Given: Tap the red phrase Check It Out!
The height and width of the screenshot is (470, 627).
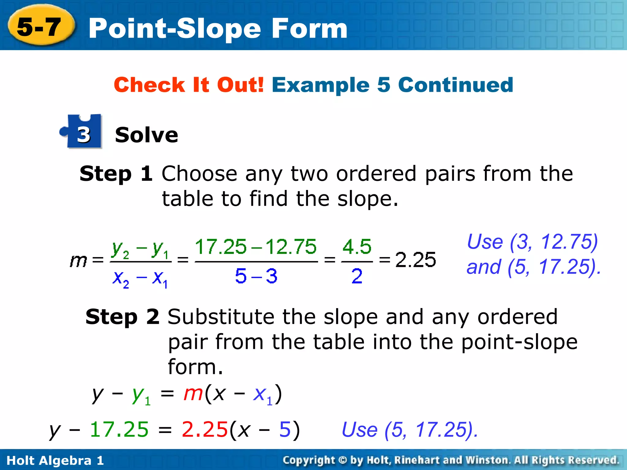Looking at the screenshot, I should tap(189, 85).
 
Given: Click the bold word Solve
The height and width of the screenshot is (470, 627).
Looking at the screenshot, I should tap(146, 135).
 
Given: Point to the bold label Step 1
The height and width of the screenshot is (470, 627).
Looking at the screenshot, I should tap(116, 173).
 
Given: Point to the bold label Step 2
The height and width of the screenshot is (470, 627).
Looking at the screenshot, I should tap(122, 317).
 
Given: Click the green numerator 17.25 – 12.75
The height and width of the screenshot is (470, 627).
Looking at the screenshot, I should tap(256, 247).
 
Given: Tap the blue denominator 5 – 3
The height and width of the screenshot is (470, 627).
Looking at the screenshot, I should tap(256, 276).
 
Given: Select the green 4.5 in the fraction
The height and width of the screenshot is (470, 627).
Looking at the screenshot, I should tap(357, 247).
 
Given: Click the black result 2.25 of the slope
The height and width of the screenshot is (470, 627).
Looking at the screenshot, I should tap(415, 260).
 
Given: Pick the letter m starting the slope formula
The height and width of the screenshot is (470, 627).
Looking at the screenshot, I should tap(78, 261).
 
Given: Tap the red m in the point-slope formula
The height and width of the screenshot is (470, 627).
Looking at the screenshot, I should tap(193, 394).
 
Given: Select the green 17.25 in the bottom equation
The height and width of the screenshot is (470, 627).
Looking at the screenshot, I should tap(119, 429).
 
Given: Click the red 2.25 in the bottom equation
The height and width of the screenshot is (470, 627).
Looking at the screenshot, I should tap(205, 429).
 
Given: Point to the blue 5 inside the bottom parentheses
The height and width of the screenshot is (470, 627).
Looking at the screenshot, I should tap(285, 429).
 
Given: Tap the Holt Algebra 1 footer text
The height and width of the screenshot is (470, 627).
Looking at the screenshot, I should tap(55, 460).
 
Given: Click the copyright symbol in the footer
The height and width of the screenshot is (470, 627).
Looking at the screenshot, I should tap(343, 460).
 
